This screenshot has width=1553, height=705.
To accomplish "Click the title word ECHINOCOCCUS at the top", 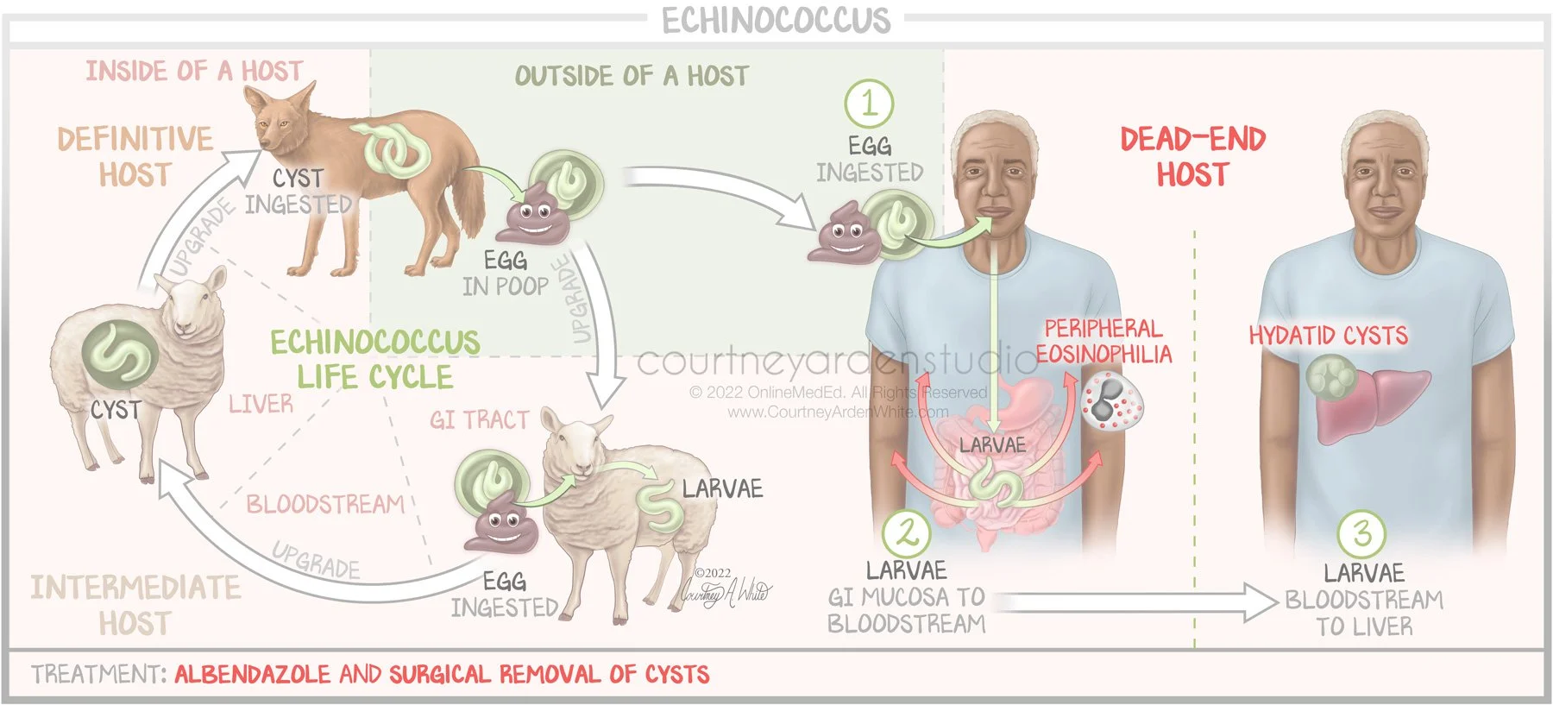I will pos(776,20).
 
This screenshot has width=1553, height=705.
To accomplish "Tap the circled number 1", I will pos(868,104).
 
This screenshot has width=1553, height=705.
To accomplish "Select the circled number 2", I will pos(906,533).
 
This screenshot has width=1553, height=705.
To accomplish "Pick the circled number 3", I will pos(1361,533).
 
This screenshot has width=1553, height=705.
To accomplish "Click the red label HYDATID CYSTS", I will pos(1328,336).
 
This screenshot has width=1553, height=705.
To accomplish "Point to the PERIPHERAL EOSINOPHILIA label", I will pos(1103,342).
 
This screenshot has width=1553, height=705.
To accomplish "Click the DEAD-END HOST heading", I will pos(1192,156).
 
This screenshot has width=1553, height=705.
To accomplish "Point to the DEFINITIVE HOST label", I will pos(135,156).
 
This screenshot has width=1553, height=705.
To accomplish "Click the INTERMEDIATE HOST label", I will pos(135,605).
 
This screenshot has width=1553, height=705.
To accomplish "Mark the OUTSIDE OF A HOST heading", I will pos(631,76).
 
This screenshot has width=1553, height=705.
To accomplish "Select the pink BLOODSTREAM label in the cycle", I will pos(325,504).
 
